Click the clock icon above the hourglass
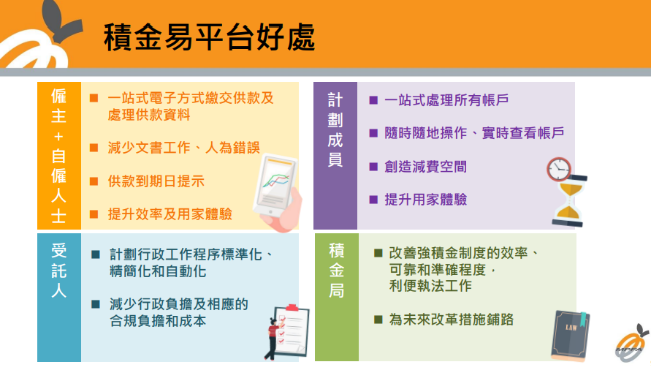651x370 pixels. pyautogui.click(x=559, y=169)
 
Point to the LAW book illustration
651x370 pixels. pyautogui.click(x=571, y=335)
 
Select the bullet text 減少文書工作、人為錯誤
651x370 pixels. pyautogui.click(x=183, y=148)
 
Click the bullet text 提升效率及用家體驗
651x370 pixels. pyautogui.click(x=170, y=214)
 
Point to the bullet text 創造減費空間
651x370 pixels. pyautogui.click(x=426, y=167)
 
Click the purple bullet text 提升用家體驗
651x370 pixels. pyautogui.click(x=426, y=200)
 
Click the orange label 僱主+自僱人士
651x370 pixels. pyautogui.click(x=58, y=155)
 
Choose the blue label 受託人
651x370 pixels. pyautogui.click(x=58, y=271)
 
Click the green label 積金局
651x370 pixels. pyautogui.click(x=336, y=271)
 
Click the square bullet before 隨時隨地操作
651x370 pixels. pyautogui.click(x=373, y=133)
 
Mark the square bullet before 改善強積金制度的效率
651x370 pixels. pyautogui.click(x=378, y=253)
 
